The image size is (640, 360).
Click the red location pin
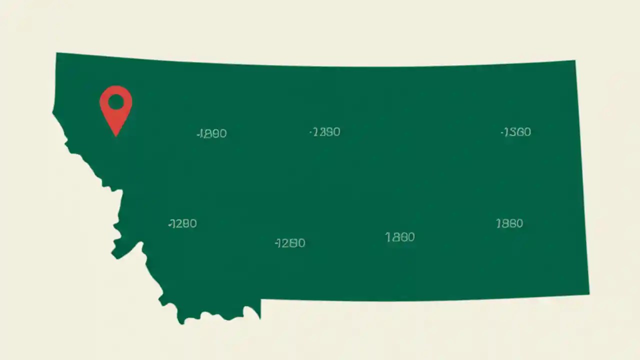click(116, 107)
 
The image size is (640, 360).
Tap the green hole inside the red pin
click(116, 102)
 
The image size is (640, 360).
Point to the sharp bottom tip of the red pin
click(116, 135)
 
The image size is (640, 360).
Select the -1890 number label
click(212, 133)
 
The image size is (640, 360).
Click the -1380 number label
click(325, 132)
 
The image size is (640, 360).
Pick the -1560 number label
click(516, 132)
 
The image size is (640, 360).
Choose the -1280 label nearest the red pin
click(182, 223)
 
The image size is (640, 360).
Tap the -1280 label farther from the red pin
click(290, 243)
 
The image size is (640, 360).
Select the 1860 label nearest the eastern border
click(509, 223)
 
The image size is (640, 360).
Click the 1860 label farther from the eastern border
click(400, 237)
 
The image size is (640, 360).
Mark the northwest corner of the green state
click(57, 53)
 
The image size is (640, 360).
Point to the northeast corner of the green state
click(574, 61)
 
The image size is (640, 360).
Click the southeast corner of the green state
click(588, 293)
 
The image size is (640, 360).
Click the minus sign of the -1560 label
click(502, 132)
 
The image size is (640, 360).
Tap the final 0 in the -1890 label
click(223, 133)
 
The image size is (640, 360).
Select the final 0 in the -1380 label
click(336, 132)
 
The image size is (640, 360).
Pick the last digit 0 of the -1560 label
click(527, 132)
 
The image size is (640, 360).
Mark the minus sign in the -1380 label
click(311, 132)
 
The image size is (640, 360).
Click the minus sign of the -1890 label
click(198, 134)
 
